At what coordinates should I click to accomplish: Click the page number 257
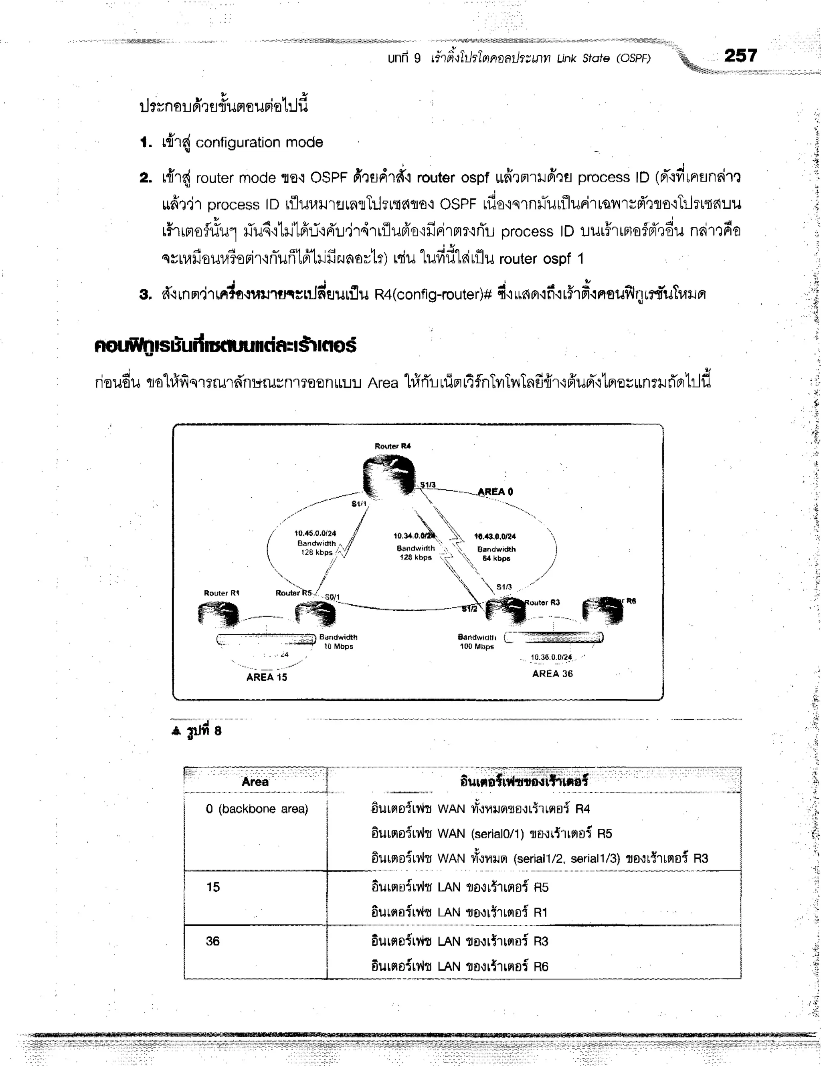(x=740, y=56)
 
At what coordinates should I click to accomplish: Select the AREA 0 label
(x=495, y=491)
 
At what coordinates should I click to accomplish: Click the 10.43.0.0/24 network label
(x=495, y=537)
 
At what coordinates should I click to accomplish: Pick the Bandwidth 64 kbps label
(x=496, y=554)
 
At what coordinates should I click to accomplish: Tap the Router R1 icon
(x=218, y=614)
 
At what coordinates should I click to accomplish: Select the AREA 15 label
(x=267, y=677)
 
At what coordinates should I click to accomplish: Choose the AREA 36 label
(x=552, y=674)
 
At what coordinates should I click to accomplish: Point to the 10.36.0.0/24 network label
(x=551, y=657)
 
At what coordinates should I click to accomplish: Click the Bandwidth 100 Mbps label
(x=477, y=642)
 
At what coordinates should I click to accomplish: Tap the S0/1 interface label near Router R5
(x=332, y=597)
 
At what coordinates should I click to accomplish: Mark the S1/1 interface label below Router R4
(x=359, y=504)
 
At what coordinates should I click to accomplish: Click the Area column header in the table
(x=255, y=782)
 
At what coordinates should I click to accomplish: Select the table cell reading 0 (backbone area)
(x=257, y=809)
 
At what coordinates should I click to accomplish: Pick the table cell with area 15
(x=213, y=887)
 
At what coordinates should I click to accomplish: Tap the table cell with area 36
(x=213, y=941)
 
